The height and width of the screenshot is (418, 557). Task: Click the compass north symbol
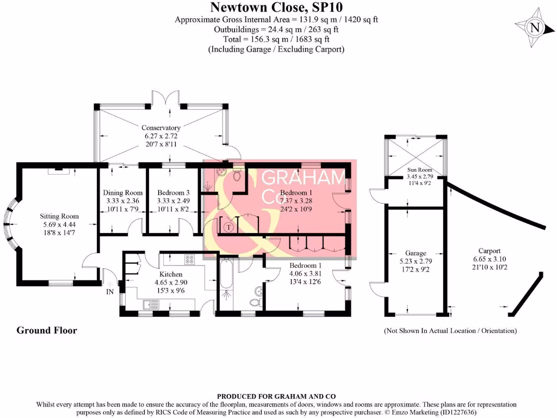(535, 28)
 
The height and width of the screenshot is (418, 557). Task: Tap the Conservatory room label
(160, 128)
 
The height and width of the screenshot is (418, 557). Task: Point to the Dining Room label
(123, 193)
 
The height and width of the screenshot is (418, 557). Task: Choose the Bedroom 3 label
(173, 193)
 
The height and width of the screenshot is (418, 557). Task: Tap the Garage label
(416, 253)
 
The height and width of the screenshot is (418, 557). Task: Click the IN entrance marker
(109, 292)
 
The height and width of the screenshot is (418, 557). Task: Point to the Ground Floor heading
(47, 330)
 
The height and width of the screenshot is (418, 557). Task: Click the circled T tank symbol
(228, 226)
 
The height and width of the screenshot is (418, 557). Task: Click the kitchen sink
(150, 304)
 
